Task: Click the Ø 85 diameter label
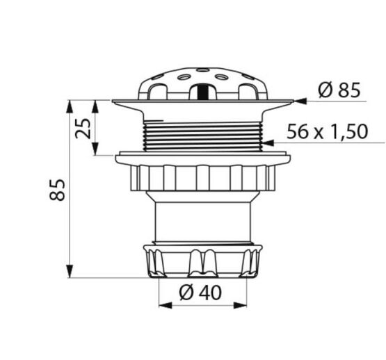[339, 90]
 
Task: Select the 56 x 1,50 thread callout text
[327, 131]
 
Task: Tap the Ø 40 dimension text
[200, 293]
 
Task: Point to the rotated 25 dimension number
[83, 128]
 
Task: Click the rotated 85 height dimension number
[57, 190]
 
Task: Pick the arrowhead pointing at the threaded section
[268, 142]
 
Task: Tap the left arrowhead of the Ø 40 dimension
[166, 305]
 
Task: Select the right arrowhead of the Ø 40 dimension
[240, 305]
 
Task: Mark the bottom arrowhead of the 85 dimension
[70, 272]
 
